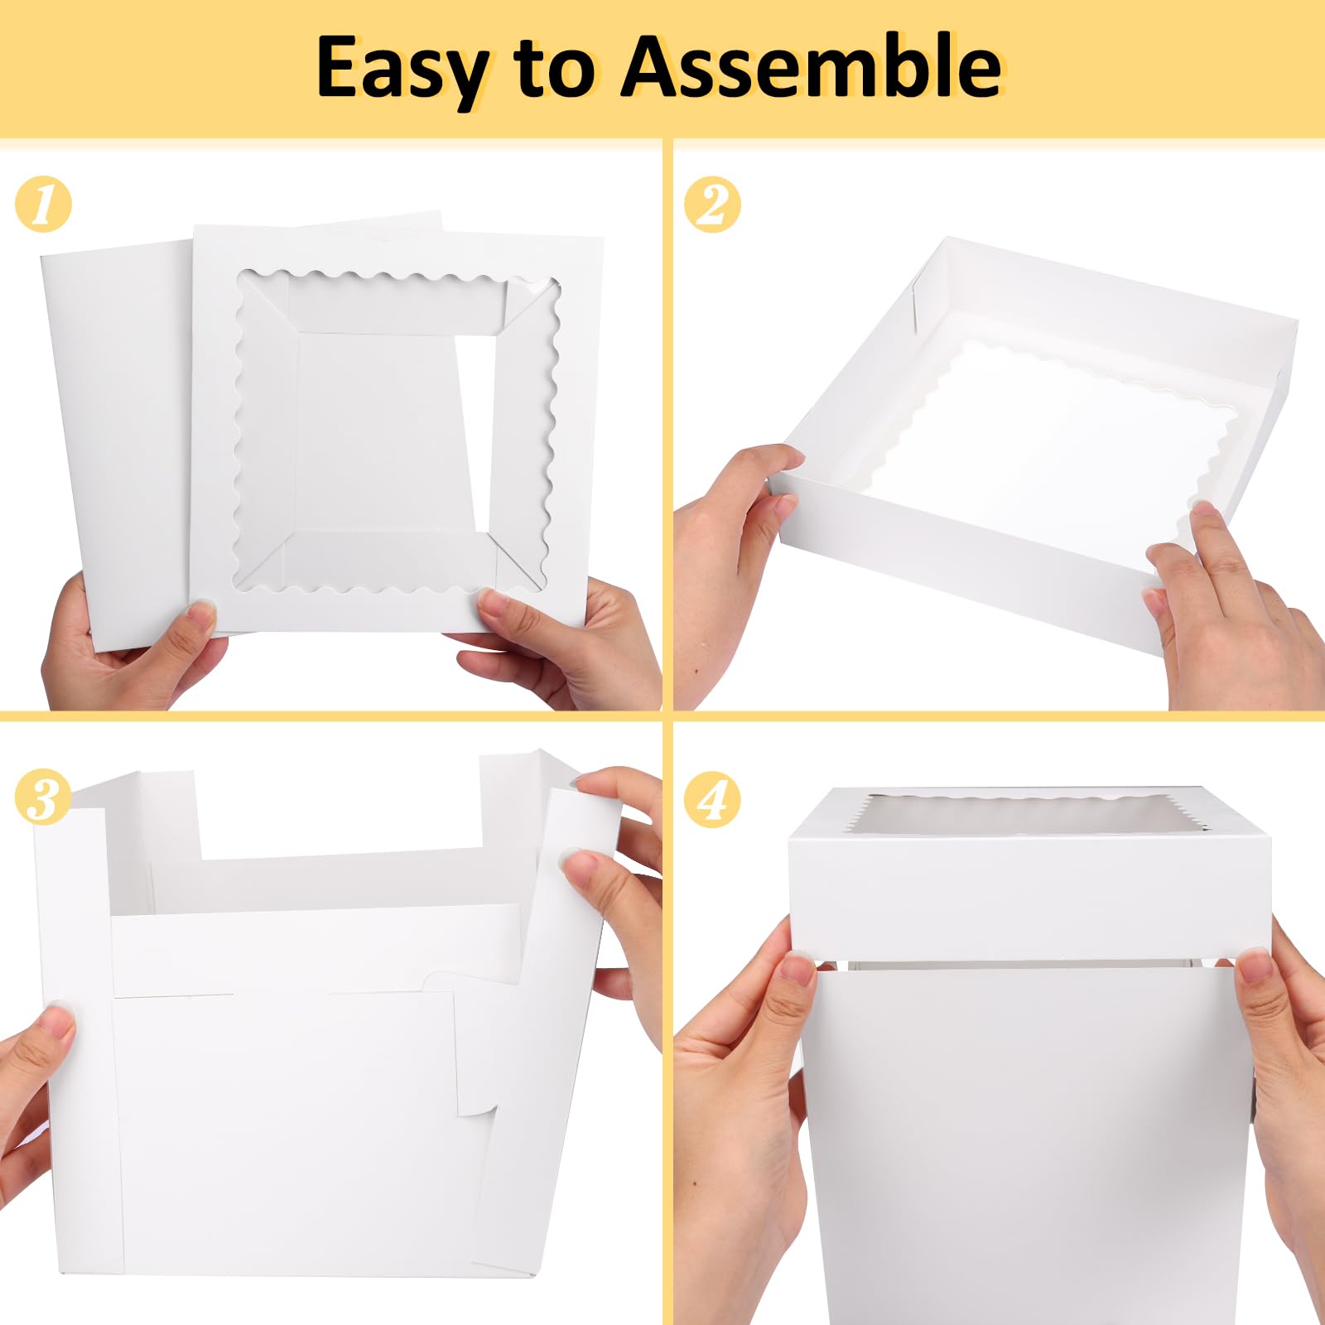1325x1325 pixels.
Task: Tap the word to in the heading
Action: pos(554,68)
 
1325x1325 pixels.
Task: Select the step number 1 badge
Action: pos(43,204)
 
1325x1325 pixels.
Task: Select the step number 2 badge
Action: pos(712,204)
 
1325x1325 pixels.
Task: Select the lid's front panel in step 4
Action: pos(1029,894)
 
